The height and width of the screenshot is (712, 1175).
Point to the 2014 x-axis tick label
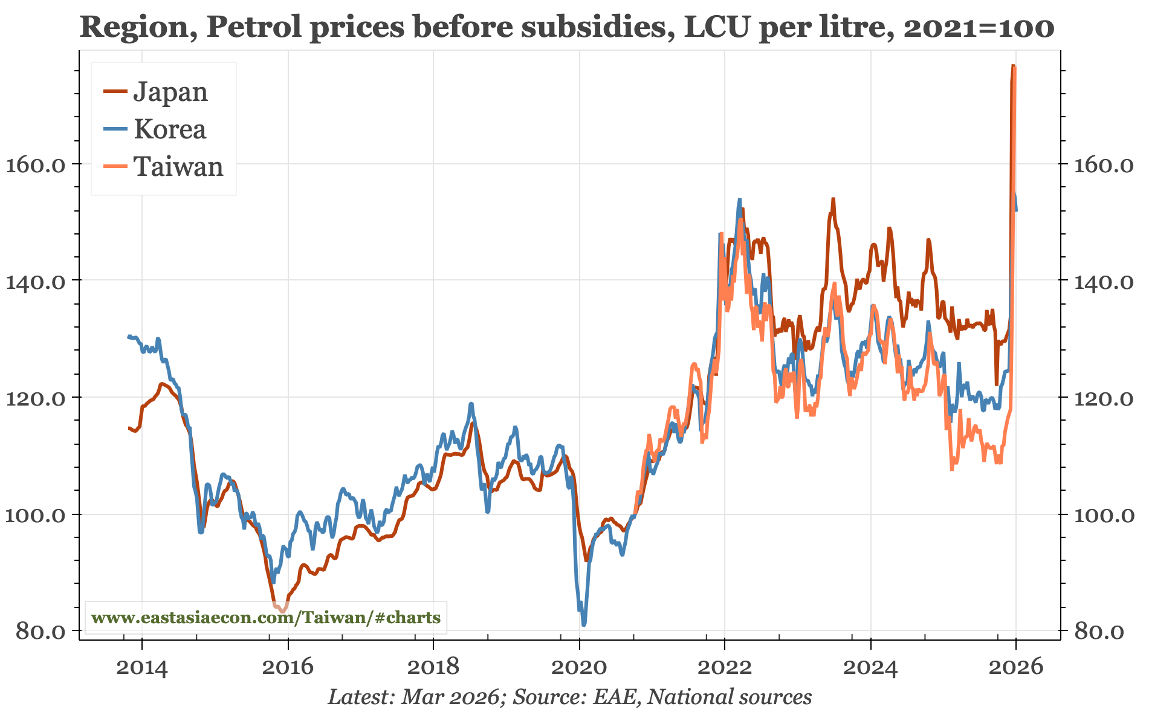click(141, 667)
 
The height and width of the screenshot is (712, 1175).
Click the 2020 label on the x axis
click(579, 667)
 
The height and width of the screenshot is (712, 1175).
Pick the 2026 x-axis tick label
click(1016, 667)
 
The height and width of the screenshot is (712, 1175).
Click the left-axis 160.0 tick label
click(35, 164)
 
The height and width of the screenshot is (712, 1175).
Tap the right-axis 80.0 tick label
click(1099, 632)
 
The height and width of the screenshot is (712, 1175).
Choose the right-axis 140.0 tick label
click(1103, 281)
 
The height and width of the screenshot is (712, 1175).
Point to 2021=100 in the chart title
click(979, 27)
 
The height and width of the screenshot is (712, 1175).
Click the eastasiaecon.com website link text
click(266, 618)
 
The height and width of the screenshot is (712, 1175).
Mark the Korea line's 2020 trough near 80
click(584, 624)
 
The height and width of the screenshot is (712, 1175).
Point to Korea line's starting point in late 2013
click(129, 337)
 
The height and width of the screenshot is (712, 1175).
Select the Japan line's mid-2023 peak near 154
click(833, 199)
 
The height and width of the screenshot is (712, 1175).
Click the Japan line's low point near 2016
click(282, 611)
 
